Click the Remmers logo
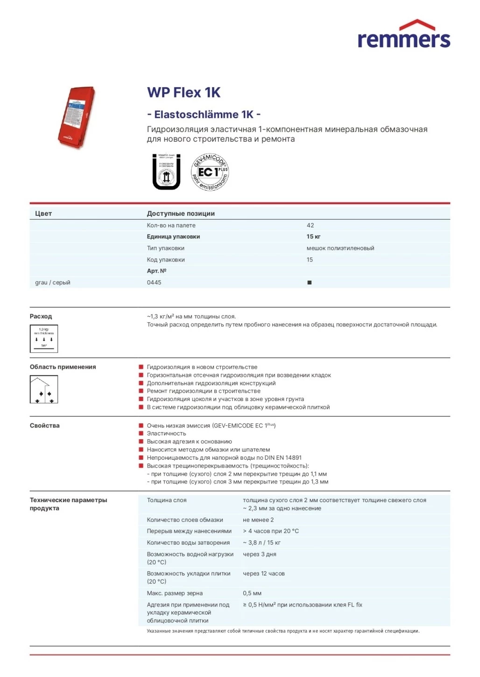[x=404, y=35]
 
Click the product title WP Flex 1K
[x=184, y=92]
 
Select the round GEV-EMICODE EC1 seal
[x=210, y=172]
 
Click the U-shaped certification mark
[x=166, y=172]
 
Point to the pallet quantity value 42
[x=310, y=225]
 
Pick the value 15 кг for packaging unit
[x=313, y=236]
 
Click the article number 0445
[x=154, y=283]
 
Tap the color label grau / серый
[x=53, y=283]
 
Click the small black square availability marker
[x=310, y=283]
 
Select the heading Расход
[x=41, y=316]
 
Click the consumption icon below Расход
[x=44, y=338]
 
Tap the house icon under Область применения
[x=44, y=389]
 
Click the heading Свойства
[x=45, y=425]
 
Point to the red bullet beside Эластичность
[x=141, y=434]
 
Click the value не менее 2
[x=258, y=520]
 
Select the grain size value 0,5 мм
[x=252, y=593]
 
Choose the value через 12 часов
[x=264, y=573]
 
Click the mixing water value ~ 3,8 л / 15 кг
[x=261, y=543]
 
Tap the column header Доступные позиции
[x=181, y=214]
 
